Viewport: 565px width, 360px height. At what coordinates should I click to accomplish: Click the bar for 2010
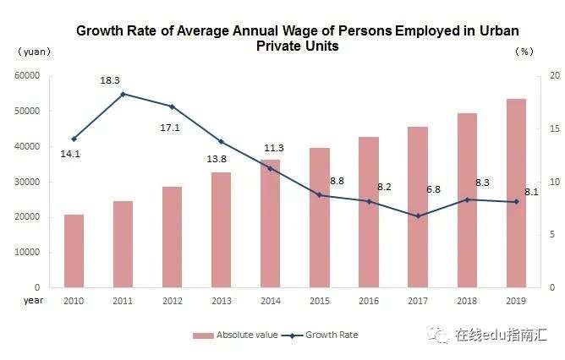(x=74, y=251)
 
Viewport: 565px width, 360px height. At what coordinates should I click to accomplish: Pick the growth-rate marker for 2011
(x=123, y=94)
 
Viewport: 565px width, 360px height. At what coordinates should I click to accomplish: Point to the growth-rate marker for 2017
(x=417, y=215)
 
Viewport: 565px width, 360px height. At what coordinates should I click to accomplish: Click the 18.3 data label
(x=110, y=79)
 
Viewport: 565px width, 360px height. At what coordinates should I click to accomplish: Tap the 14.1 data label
(x=71, y=154)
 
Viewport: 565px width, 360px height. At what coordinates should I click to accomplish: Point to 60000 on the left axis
(x=29, y=75)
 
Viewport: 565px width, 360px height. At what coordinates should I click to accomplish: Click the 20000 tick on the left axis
(x=29, y=217)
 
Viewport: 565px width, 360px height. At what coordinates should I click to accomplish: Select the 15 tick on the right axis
(x=555, y=128)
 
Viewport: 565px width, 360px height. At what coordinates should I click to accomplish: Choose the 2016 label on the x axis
(x=368, y=300)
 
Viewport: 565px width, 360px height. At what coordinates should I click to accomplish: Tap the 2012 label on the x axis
(x=172, y=300)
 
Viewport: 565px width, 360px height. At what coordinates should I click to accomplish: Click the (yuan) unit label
(x=34, y=52)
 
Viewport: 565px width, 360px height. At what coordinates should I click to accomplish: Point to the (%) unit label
(x=525, y=52)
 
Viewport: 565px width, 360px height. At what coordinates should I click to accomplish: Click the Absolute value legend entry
(x=245, y=335)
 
